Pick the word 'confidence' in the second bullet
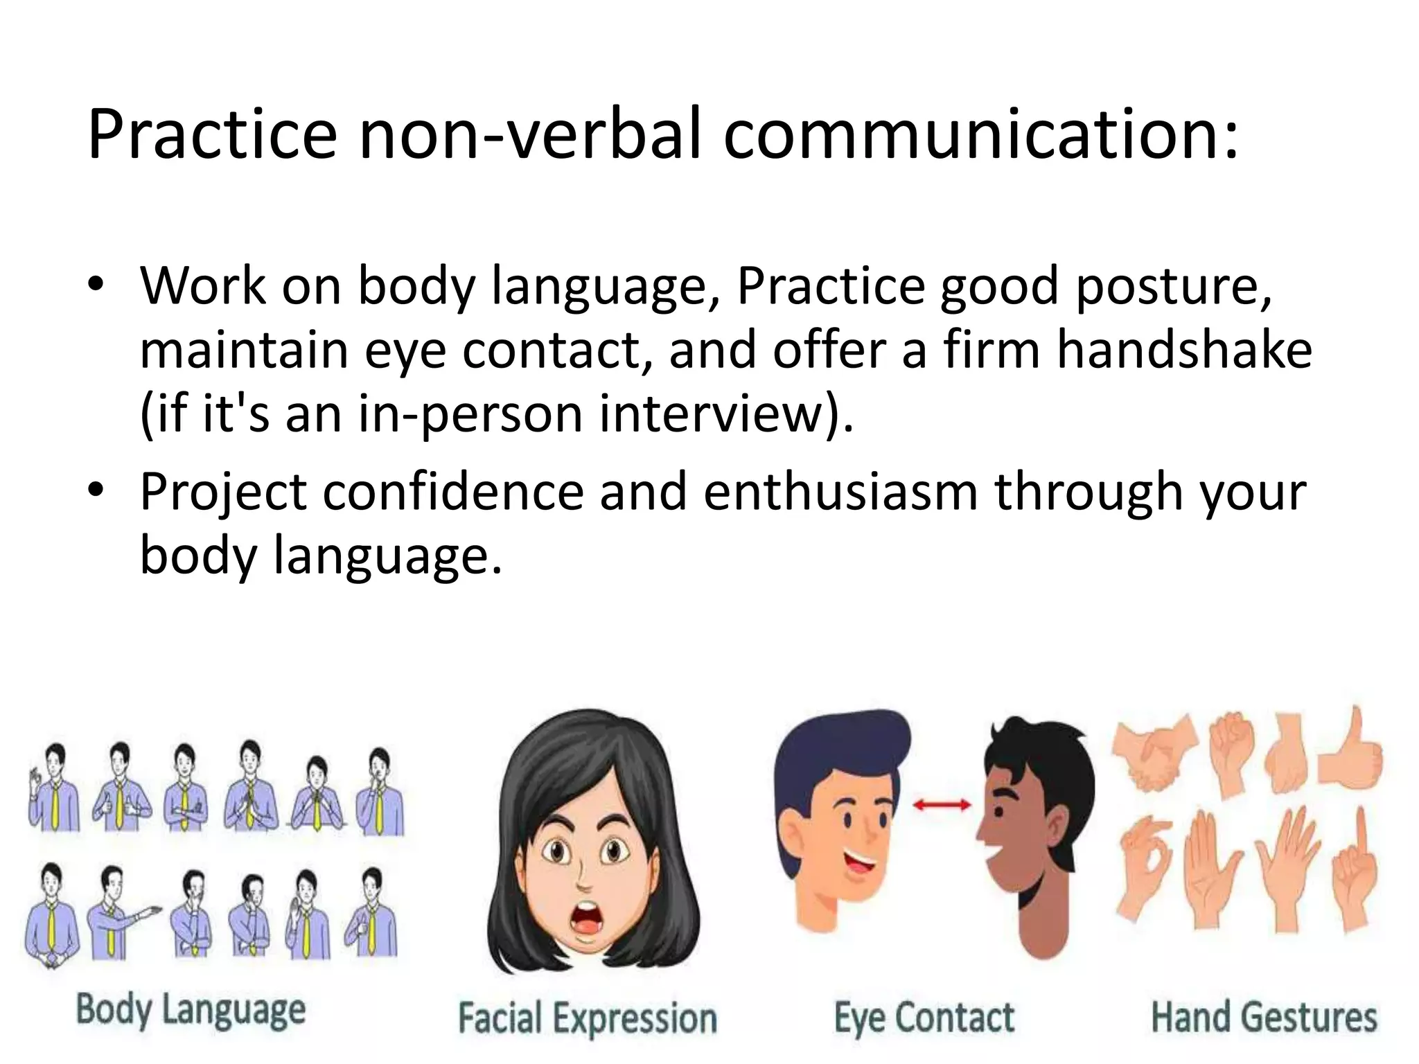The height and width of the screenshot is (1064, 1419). click(453, 491)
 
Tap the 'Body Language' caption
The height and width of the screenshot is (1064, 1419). click(191, 1011)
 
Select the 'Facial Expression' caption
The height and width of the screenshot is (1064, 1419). click(588, 1018)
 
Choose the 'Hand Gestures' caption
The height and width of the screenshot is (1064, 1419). click(1264, 1017)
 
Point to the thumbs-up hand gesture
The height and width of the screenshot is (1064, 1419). click(1352, 754)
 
